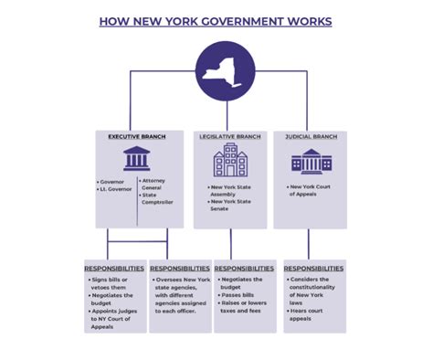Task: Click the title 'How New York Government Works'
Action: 216,20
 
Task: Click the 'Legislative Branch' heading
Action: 229,137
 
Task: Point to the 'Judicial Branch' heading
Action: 312,137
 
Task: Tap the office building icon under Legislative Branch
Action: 229,161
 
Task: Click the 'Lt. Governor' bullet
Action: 117,191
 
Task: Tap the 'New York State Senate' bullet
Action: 228,205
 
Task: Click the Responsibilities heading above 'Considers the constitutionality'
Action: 313,268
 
